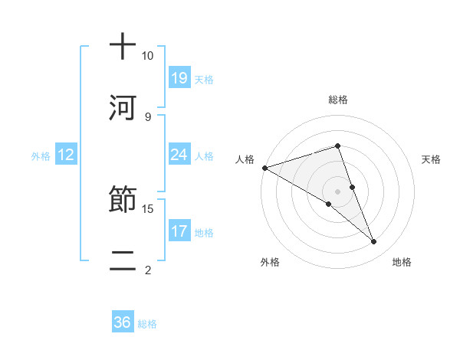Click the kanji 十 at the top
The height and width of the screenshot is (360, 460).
click(123, 47)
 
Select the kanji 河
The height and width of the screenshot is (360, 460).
click(123, 107)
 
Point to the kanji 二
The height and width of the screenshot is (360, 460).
click(123, 260)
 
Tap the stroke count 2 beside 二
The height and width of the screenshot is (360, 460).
click(147, 269)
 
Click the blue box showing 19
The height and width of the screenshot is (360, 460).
click(179, 77)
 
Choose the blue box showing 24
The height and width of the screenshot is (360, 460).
click(179, 155)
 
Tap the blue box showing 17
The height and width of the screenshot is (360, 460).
click(179, 231)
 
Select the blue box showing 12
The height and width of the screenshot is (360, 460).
click(66, 155)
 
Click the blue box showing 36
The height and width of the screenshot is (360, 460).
click(123, 322)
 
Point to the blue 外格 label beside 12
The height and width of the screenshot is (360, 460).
click(41, 155)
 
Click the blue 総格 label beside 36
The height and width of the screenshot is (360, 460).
click(147, 323)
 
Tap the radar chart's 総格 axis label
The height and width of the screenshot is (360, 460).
click(338, 100)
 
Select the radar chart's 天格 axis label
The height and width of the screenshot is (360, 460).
click(431, 159)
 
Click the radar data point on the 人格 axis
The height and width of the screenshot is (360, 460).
click(264, 167)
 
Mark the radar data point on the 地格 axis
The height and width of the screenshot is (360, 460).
click(374, 242)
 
